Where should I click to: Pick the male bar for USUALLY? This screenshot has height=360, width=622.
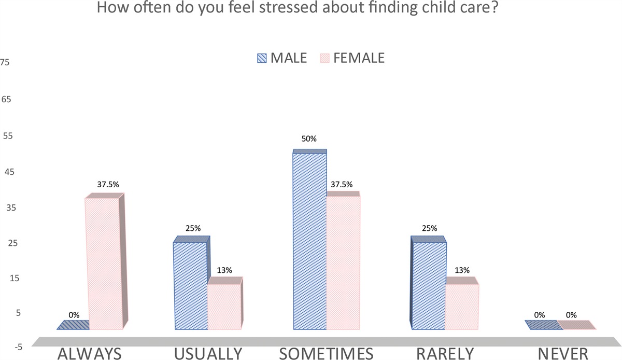[x=191, y=286]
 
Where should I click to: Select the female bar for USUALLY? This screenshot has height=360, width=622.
[x=224, y=306]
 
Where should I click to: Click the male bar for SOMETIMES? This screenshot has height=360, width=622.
[x=310, y=241]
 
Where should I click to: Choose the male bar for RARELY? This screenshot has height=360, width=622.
[x=428, y=286]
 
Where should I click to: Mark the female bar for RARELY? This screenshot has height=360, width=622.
[x=462, y=306]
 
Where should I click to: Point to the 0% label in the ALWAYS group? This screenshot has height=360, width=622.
[x=74, y=314]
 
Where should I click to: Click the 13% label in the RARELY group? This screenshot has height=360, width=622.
[x=462, y=270]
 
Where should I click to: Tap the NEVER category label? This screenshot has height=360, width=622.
[x=563, y=353]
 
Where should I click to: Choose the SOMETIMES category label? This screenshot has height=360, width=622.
[x=327, y=353]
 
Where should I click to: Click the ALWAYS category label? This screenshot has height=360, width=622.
[x=90, y=353]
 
